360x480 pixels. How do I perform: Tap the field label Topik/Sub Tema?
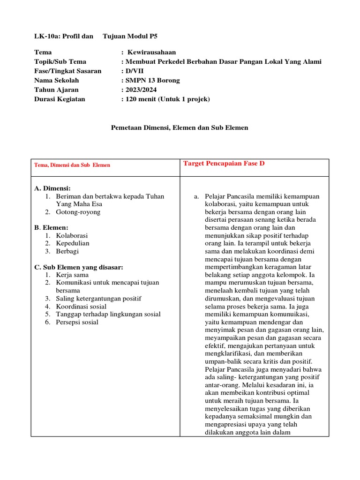point(60,61)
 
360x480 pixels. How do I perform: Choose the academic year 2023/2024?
point(141,90)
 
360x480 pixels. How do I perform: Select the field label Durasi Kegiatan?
point(60,99)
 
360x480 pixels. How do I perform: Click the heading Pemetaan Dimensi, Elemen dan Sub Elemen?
point(179,127)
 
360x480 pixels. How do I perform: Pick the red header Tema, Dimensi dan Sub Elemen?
point(72,165)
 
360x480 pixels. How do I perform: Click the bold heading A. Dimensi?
point(52,188)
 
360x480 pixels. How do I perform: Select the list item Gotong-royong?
point(78,212)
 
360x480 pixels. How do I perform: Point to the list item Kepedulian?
point(73,243)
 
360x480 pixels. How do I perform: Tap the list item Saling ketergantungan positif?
point(98,298)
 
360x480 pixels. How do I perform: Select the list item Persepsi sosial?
point(77,322)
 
